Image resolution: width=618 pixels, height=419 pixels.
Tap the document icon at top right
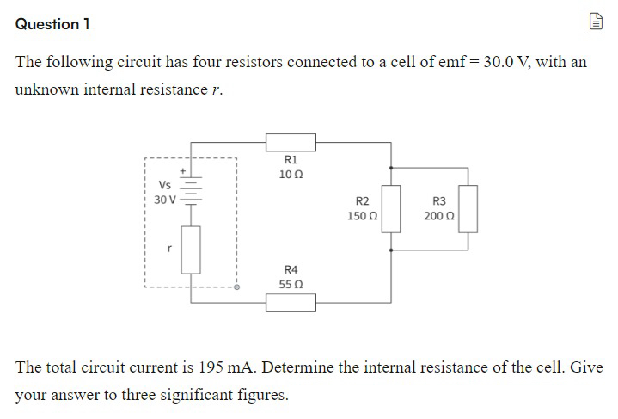[x=596, y=24]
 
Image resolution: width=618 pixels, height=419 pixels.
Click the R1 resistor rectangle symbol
[x=291, y=140]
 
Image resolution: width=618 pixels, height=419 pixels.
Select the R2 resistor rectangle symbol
[x=391, y=209]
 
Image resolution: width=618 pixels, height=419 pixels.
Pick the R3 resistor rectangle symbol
[x=468, y=209]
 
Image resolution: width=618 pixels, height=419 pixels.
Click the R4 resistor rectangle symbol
[x=291, y=302]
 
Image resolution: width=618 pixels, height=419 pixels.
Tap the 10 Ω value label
[x=290, y=175]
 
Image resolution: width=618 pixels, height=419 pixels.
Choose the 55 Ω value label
[x=290, y=283]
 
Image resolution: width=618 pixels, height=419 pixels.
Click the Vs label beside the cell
[x=164, y=185]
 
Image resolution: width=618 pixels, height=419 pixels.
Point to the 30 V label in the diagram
[x=164, y=200]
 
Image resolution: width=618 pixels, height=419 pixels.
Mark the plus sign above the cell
[x=181, y=171]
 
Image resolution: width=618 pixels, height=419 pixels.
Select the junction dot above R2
[x=391, y=169]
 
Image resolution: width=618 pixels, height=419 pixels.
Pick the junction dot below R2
[x=391, y=250]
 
